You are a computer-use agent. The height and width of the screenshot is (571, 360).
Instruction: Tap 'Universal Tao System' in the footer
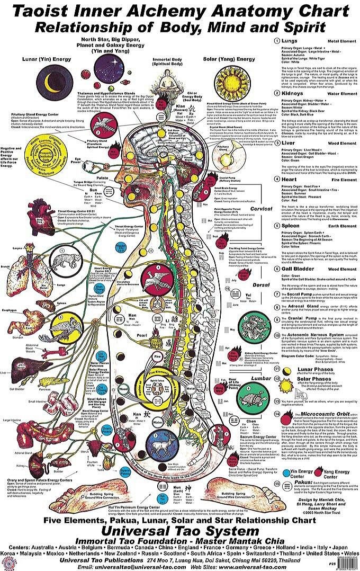181,531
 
